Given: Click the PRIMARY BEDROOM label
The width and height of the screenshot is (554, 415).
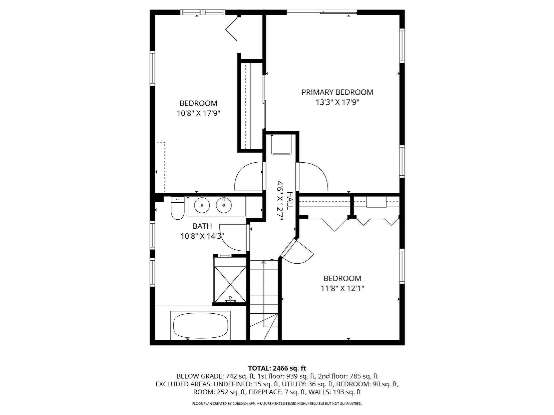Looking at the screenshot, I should click(337, 92).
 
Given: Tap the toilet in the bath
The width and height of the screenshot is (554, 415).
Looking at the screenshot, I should click(177, 209).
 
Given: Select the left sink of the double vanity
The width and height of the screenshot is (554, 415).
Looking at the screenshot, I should click(202, 205).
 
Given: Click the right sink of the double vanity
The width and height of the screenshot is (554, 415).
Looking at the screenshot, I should click(224, 205).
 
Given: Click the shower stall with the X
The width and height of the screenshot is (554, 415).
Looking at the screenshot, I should click(230, 284).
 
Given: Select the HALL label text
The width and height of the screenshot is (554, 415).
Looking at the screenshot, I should click(289, 200).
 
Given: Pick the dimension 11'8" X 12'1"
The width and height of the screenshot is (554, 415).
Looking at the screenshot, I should click(342, 289).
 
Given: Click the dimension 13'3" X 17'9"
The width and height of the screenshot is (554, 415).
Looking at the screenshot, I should click(337, 102).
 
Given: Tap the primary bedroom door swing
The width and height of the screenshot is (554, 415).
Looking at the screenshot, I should click(312, 176).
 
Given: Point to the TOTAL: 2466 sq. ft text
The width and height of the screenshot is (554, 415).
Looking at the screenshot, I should click(277, 368).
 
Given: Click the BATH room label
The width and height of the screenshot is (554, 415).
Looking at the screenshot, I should click(202, 226).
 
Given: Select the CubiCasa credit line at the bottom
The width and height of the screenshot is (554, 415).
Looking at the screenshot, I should click(277, 404).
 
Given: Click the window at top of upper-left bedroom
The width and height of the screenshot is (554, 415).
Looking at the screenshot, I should click(203, 12).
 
